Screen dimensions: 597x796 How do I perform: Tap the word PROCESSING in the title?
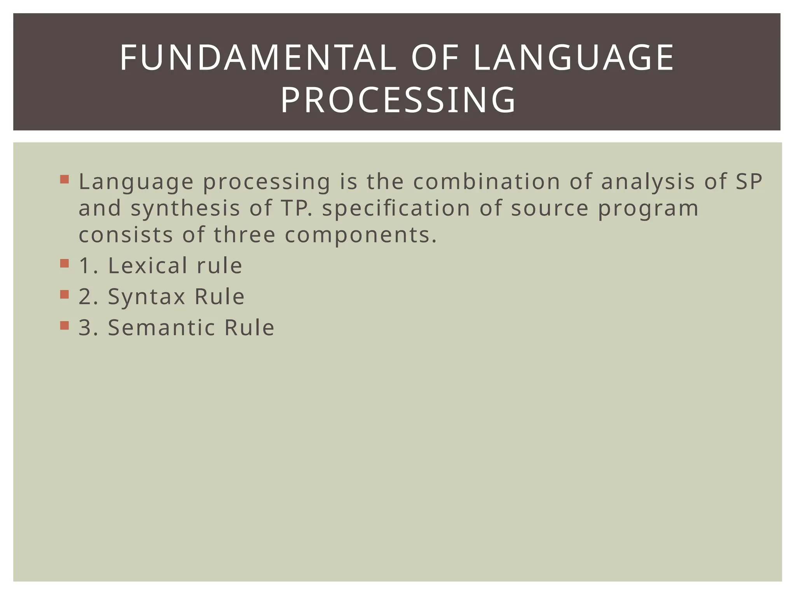(398, 100)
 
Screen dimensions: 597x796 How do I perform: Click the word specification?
(396, 209)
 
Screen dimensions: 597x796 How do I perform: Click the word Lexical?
(148, 265)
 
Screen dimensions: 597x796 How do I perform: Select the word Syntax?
(147, 297)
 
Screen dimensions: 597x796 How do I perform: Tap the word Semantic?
(161, 327)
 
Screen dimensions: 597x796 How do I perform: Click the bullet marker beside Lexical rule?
(65, 264)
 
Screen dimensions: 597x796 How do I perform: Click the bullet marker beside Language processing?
(65, 180)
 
